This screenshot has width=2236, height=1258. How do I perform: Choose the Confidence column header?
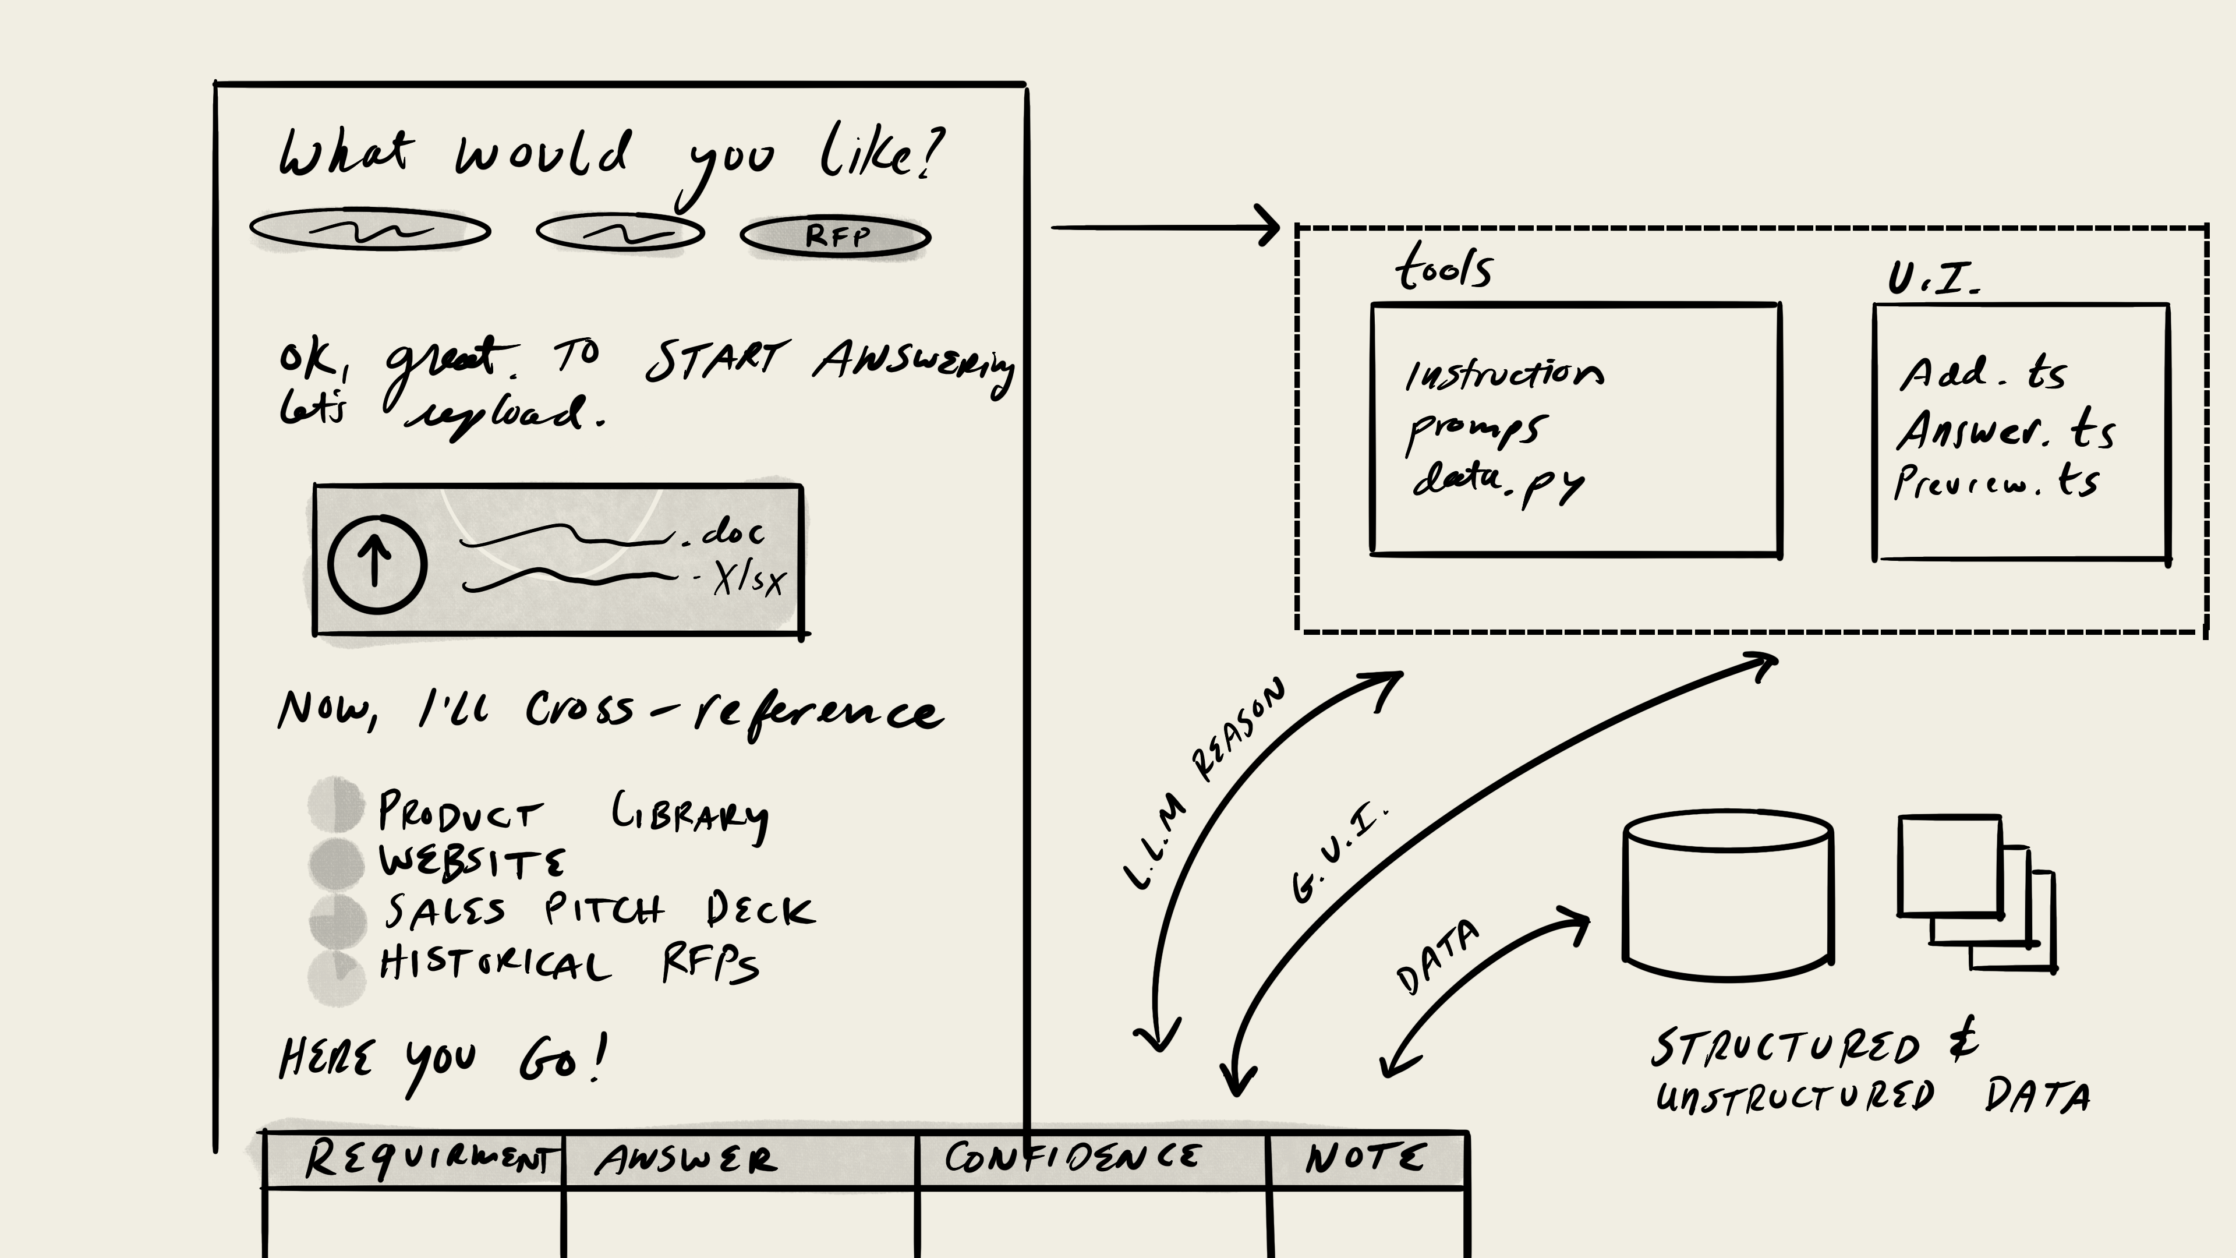(1073, 1157)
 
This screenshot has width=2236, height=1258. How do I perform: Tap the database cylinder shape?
(1727, 894)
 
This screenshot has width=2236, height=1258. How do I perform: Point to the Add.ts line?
(1983, 374)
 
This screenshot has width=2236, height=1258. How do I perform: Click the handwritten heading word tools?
(1444, 267)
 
